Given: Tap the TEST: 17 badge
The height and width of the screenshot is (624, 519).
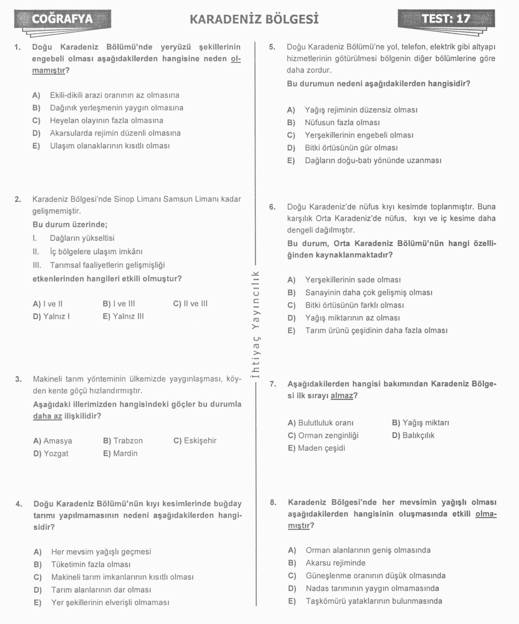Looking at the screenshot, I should (446, 18).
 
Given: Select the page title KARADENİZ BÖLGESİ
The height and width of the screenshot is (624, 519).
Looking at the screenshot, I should (254, 19).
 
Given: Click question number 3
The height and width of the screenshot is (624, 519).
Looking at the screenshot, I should (18, 379).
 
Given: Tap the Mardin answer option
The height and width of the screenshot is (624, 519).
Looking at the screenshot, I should (120, 454).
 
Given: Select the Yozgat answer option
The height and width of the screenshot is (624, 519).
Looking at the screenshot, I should (51, 454).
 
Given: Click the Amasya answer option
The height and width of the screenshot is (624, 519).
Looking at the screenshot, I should (53, 441).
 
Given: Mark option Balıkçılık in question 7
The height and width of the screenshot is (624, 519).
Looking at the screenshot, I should (413, 435).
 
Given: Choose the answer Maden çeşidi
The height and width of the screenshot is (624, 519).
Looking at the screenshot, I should (316, 448).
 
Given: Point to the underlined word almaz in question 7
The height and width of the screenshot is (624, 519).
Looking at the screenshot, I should (342, 396).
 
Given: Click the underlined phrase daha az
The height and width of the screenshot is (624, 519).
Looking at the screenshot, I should (48, 416).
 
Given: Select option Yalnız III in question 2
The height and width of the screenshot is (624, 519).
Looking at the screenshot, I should (123, 317).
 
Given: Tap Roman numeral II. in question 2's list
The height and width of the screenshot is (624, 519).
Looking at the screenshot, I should (36, 252).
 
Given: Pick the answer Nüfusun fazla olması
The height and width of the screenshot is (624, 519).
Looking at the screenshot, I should (342, 123).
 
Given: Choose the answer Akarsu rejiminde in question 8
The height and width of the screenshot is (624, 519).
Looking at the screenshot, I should (336, 563).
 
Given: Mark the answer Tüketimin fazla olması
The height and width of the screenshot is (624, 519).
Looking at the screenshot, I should (91, 564).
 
